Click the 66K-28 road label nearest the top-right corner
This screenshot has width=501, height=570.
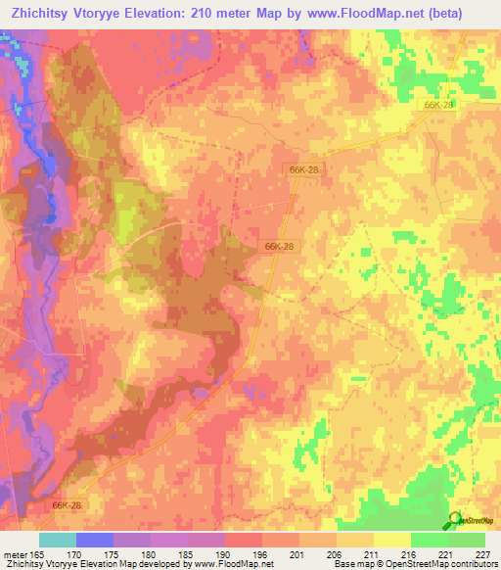(x=439, y=104)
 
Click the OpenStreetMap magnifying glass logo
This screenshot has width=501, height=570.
(x=452, y=520)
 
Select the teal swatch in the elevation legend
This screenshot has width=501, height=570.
(x=57, y=540)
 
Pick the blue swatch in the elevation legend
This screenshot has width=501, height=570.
(x=94, y=540)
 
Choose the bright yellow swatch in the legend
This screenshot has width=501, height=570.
(x=392, y=540)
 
